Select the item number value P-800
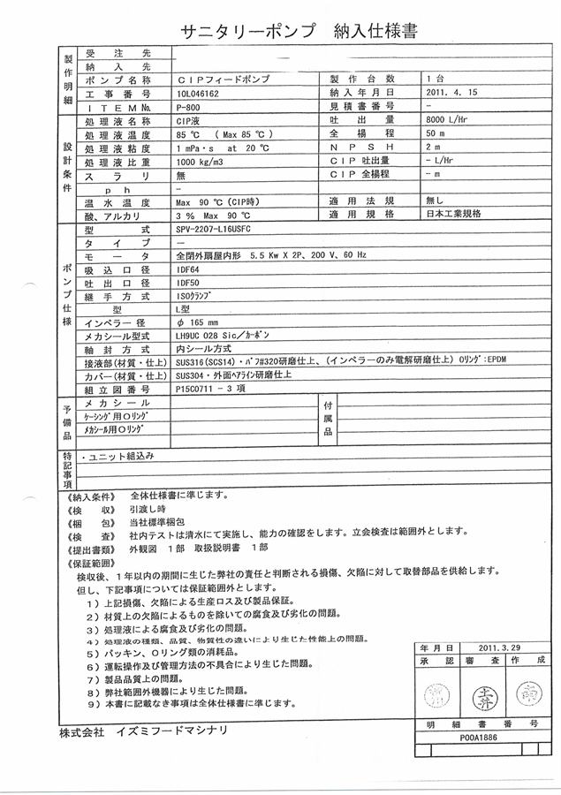click(190, 105)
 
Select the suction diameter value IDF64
click(188, 269)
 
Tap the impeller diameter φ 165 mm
click(199, 323)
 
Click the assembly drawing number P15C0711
click(201, 388)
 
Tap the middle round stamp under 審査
click(481, 692)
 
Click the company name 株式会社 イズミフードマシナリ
click(143, 731)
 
